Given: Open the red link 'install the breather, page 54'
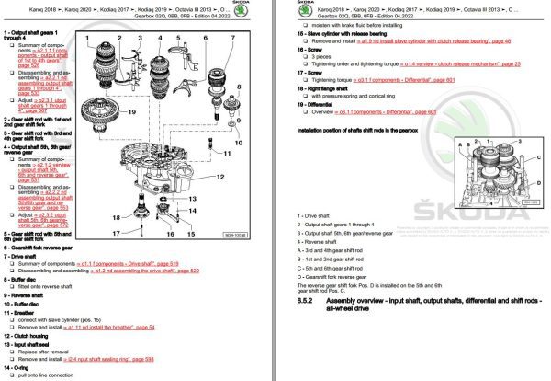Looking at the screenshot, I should (x=93, y=327).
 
